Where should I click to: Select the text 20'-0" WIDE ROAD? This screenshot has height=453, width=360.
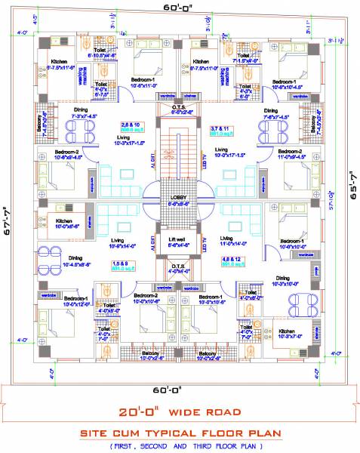click(x=180, y=412)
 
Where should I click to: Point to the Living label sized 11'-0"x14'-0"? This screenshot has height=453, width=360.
click(x=234, y=242)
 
